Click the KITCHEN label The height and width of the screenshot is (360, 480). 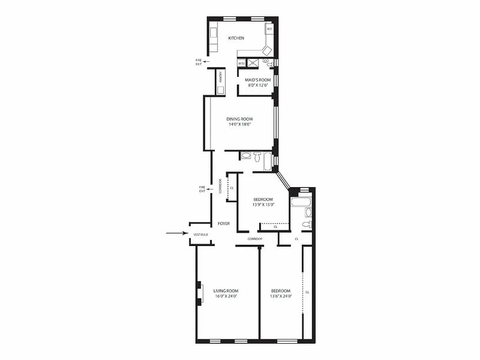[236, 38]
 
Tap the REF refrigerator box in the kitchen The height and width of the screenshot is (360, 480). [269, 29]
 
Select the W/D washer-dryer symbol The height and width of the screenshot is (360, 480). [241, 63]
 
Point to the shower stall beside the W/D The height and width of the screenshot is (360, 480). [253, 63]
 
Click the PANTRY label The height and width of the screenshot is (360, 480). [221, 77]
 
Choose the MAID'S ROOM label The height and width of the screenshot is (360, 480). [255, 80]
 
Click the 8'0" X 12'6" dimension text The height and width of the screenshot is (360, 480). [255, 85]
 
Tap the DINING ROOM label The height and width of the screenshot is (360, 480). [239, 119]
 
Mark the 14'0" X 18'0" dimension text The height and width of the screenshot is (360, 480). [239, 125]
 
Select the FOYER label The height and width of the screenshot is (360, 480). [224, 224]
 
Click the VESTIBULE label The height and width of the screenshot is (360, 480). [201, 234]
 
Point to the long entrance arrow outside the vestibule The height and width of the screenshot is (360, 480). [176, 233]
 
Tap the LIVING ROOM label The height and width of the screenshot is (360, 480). [226, 291]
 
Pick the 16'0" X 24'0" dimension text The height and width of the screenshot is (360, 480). [226, 296]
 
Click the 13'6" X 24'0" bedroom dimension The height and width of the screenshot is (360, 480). [281, 296]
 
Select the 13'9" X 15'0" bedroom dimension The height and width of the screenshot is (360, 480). [263, 205]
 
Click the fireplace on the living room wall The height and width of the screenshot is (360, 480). [199, 293]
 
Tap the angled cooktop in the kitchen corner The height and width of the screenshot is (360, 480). [267, 49]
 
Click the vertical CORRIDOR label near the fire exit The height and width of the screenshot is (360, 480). [220, 186]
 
